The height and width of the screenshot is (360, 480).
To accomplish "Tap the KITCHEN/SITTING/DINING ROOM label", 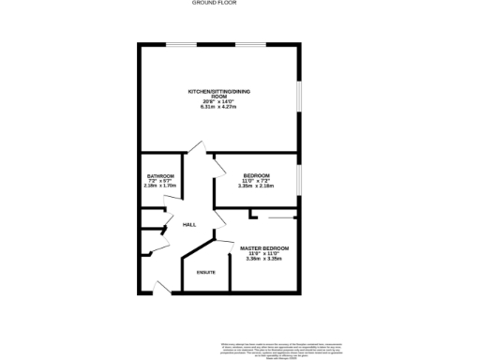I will [x=219, y=94].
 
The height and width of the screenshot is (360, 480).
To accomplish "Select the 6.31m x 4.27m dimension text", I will [x=219, y=107].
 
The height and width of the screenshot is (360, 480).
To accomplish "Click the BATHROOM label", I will [x=160, y=175].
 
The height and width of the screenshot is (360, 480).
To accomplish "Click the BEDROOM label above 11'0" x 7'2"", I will [x=256, y=175].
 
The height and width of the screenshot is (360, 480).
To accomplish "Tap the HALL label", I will [x=188, y=225].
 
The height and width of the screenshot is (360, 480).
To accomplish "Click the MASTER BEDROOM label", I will [x=264, y=247].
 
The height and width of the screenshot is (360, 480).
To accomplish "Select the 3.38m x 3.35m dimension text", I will [x=264, y=259].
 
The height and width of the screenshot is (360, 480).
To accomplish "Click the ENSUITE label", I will [x=206, y=273].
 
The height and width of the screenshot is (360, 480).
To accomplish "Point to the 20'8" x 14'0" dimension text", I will [x=219, y=101].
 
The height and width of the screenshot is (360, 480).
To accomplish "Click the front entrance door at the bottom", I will [x=161, y=288].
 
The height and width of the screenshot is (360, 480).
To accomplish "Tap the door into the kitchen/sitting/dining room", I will [x=195, y=148].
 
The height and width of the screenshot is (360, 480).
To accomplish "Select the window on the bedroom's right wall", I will [x=299, y=177].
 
